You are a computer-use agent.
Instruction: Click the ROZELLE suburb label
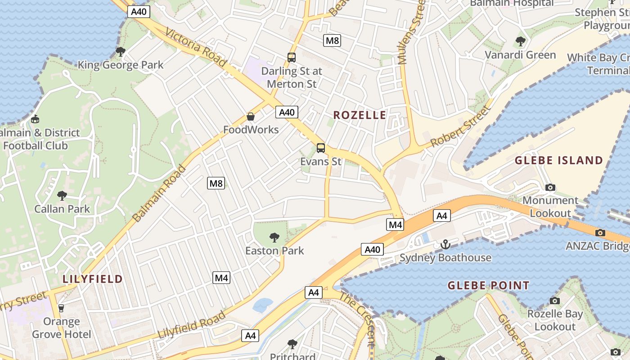point(360,115)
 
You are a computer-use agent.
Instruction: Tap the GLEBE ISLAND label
point(558,161)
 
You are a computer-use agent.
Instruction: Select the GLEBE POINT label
point(488,285)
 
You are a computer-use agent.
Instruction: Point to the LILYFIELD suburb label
point(92,279)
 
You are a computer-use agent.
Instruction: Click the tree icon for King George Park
point(120,52)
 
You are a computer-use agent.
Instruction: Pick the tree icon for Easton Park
point(274,238)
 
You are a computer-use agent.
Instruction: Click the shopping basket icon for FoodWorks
point(251,117)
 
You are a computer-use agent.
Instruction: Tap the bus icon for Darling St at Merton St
point(292,58)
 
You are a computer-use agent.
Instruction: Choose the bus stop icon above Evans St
point(321,148)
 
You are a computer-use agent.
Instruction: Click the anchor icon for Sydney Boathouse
point(445,244)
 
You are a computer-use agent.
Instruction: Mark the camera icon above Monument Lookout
point(550,187)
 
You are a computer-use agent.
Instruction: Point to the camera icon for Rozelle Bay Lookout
point(554,301)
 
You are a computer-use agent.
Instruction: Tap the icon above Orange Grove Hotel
point(61,308)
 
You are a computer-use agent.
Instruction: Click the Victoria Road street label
point(196,47)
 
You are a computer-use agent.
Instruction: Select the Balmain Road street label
point(159,193)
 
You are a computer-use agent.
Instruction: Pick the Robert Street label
point(459,127)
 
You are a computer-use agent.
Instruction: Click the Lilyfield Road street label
point(192,325)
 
